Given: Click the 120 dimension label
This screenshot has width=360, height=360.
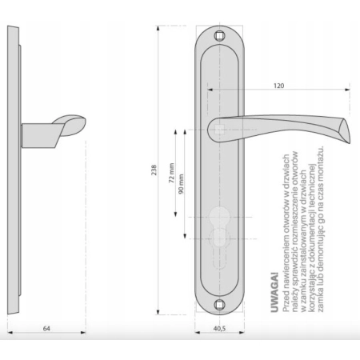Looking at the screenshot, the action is tap(278, 86).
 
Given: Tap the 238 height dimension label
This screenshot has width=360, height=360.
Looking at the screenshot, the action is tap(154, 170).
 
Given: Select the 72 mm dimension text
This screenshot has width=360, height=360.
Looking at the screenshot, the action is tap(171, 173).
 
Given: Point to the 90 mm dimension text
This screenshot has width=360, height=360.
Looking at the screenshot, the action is tap(181, 184).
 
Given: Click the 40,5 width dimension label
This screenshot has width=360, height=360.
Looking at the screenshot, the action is tap(219, 329).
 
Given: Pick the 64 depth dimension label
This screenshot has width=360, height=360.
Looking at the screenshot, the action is tap(46, 329).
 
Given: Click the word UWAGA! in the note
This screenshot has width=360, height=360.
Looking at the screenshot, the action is tap(274, 293).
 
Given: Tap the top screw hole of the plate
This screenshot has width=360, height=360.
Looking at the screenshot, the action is tap(219, 35).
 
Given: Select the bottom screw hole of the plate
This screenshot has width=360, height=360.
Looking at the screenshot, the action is tap(219, 304).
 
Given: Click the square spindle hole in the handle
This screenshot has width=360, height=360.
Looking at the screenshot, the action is tap(219, 130).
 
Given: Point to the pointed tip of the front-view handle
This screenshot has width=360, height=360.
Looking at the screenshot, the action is tap(350, 143).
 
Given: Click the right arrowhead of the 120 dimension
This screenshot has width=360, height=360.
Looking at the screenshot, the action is tap(347, 90).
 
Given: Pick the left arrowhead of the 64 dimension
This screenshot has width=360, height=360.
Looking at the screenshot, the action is tap(10, 332).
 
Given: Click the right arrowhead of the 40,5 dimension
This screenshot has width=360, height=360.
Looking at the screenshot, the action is tap(242, 332).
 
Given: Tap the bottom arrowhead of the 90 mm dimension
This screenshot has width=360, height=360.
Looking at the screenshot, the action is tap(185, 236).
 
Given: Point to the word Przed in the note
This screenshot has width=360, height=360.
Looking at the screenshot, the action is tap(286, 302).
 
